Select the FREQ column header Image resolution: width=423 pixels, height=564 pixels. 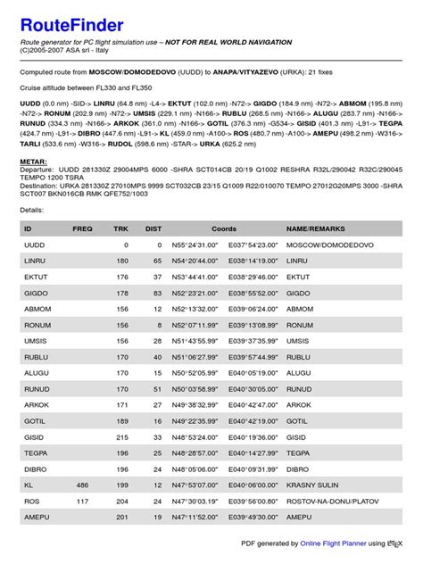click(82, 228)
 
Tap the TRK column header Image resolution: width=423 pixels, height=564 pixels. click(120, 228)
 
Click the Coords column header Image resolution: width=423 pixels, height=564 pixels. click(224, 228)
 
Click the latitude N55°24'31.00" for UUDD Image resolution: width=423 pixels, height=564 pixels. click(195, 245)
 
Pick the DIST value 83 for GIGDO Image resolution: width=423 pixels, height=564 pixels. click(156, 293)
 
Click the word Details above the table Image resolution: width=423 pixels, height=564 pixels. click(31, 209)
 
